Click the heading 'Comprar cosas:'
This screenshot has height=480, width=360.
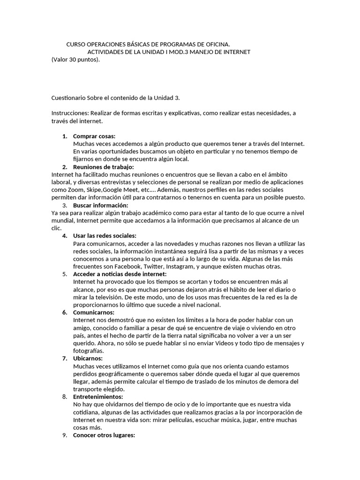coord(94,136)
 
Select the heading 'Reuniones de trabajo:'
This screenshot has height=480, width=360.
coord(104,167)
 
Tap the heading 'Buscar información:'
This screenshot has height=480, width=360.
coord(100,205)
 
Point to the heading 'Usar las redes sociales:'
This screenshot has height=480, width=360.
coord(105,236)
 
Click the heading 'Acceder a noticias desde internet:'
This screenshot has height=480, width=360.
coord(120,274)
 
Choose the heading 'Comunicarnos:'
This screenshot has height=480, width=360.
coord(94,312)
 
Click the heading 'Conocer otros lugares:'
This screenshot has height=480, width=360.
coord(104,435)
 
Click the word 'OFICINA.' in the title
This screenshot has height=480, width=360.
coord(217,44)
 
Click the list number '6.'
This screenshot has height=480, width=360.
coord(65,312)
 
